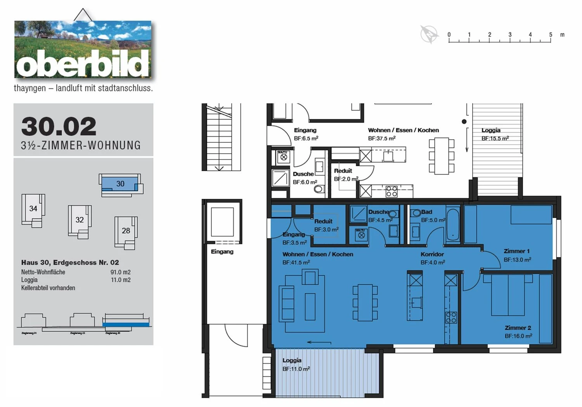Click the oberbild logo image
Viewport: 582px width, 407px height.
click(x=83, y=49)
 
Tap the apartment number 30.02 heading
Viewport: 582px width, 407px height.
click(x=59, y=126)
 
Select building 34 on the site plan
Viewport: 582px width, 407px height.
click(x=33, y=210)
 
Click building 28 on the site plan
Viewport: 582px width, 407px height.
click(x=126, y=232)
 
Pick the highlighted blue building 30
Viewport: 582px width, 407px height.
click(x=120, y=184)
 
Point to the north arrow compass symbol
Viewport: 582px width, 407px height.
click(x=429, y=34)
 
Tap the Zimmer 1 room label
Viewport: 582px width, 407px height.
click(x=516, y=251)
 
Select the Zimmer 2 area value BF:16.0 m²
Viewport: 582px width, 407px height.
click(x=518, y=336)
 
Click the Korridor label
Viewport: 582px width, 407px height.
click(x=432, y=254)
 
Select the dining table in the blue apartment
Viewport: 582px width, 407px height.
click(x=365, y=303)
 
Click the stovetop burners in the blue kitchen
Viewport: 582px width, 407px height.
click(x=451, y=317)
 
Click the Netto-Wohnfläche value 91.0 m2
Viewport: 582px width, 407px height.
click(x=120, y=272)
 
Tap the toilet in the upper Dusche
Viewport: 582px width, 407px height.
click(x=319, y=189)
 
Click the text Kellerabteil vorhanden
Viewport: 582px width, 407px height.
click(x=48, y=288)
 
